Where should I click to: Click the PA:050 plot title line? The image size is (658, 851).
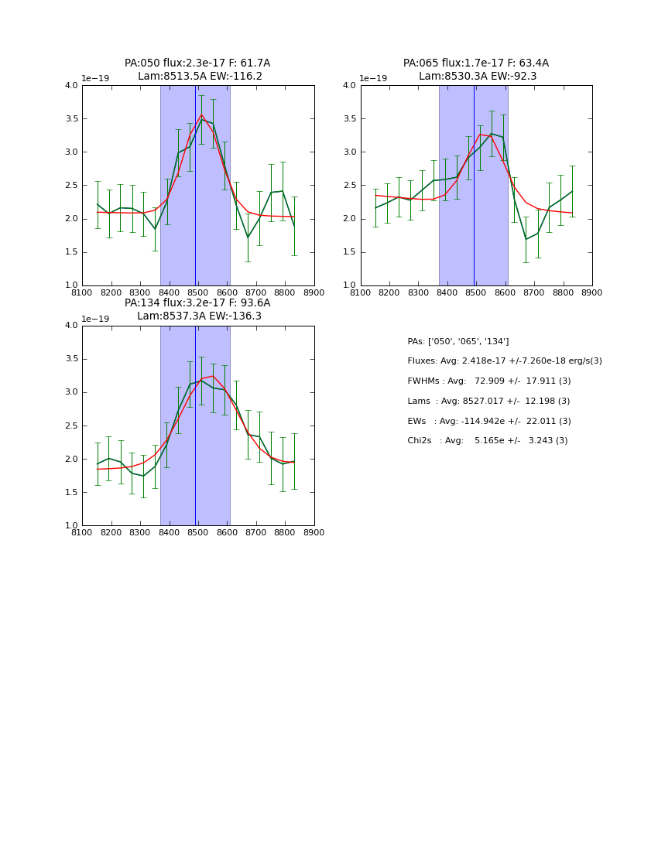point(197,63)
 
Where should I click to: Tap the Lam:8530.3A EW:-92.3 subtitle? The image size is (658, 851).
point(475,77)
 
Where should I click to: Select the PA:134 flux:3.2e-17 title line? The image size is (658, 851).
point(197,303)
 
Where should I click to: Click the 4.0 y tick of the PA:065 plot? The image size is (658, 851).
point(350,86)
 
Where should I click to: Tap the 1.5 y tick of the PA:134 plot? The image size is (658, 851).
point(71,493)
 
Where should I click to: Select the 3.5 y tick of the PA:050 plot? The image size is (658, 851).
point(71,119)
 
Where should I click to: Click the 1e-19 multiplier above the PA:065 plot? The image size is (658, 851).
point(373,79)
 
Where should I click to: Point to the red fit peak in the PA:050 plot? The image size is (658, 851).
point(201,115)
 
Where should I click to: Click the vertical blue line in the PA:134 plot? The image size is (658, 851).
point(195,425)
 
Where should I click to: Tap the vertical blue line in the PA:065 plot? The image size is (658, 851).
point(474,186)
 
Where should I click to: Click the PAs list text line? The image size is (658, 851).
point(458,342)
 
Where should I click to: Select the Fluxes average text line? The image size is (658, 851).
point(504,361)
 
